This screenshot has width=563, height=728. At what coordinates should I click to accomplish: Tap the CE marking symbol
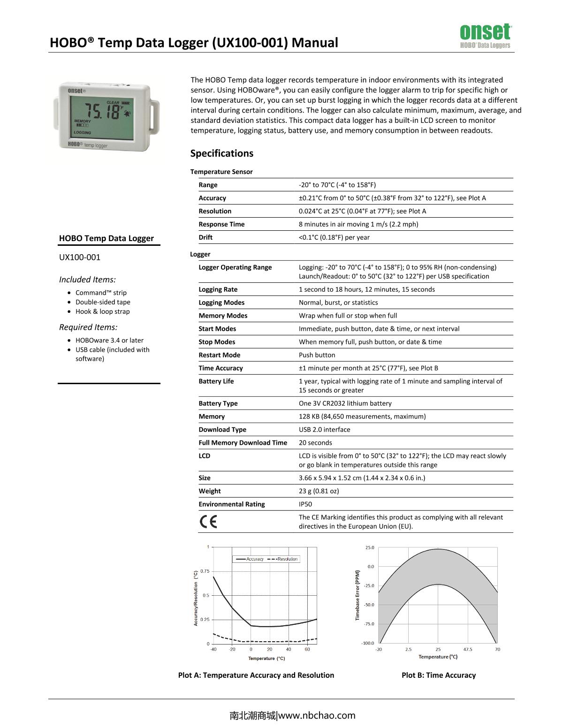(x=208, y=522)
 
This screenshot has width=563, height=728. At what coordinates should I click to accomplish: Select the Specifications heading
(x=221, y=153)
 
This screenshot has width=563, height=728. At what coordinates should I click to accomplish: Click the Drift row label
(x=205, y=237)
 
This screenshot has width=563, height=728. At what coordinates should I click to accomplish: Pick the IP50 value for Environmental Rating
(x=305, y=504)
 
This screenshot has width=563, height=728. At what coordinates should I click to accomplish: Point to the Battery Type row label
(x=218, y=403)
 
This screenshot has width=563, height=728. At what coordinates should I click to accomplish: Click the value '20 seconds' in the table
(x=315, y=443)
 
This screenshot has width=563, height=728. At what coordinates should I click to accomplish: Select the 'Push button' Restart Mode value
(x=317, y=355)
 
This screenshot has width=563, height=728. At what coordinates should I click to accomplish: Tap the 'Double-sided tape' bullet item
(x=103, y=302)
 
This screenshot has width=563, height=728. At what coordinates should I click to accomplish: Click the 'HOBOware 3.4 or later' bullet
(x=109, y=341)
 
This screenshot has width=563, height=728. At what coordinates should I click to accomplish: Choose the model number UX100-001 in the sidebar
(x=80, y=257)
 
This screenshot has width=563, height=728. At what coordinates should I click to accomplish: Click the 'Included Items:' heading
(x=87, y=280)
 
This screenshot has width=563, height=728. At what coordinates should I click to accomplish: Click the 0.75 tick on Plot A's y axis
(x=205, y=571)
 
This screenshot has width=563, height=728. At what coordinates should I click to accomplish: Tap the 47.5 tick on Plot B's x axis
(x=468, y=650)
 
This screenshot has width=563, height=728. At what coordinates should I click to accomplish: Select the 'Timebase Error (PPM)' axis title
(x=358, y=596)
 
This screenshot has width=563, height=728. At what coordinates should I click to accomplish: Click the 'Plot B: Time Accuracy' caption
(x=439, y=675)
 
